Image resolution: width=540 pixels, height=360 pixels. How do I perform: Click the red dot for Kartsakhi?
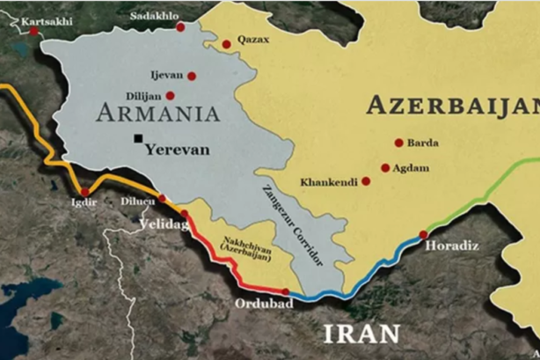pyautogui.click(x=33, y=31)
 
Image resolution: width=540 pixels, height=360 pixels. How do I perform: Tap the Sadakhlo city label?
pyautogui.click(x=153, y=16)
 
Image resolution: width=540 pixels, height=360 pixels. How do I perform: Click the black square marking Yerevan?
pyautogui.click(x=138, y=138)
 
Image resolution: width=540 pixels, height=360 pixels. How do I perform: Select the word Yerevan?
pyautogui.click(x=177, y=149)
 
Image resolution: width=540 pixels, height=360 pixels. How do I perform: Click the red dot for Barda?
pyautogui.click(x=398, y=143)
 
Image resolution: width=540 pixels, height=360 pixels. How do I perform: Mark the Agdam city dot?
pyautogui.click(x=384, y=167)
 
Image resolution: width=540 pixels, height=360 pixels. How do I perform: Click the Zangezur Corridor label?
pyautogui.click(x=293, y=225)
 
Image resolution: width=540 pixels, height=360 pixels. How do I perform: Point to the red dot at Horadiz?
pyautogui.click(x=423, y=234)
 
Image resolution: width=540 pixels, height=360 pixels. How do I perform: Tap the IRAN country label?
pyautogui.click(x=361, y=333)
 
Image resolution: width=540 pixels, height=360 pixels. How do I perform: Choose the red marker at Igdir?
pyautogui.click(x=84, y=191)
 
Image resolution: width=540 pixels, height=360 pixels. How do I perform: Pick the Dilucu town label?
pyautogui.click(x=138, y=202)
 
